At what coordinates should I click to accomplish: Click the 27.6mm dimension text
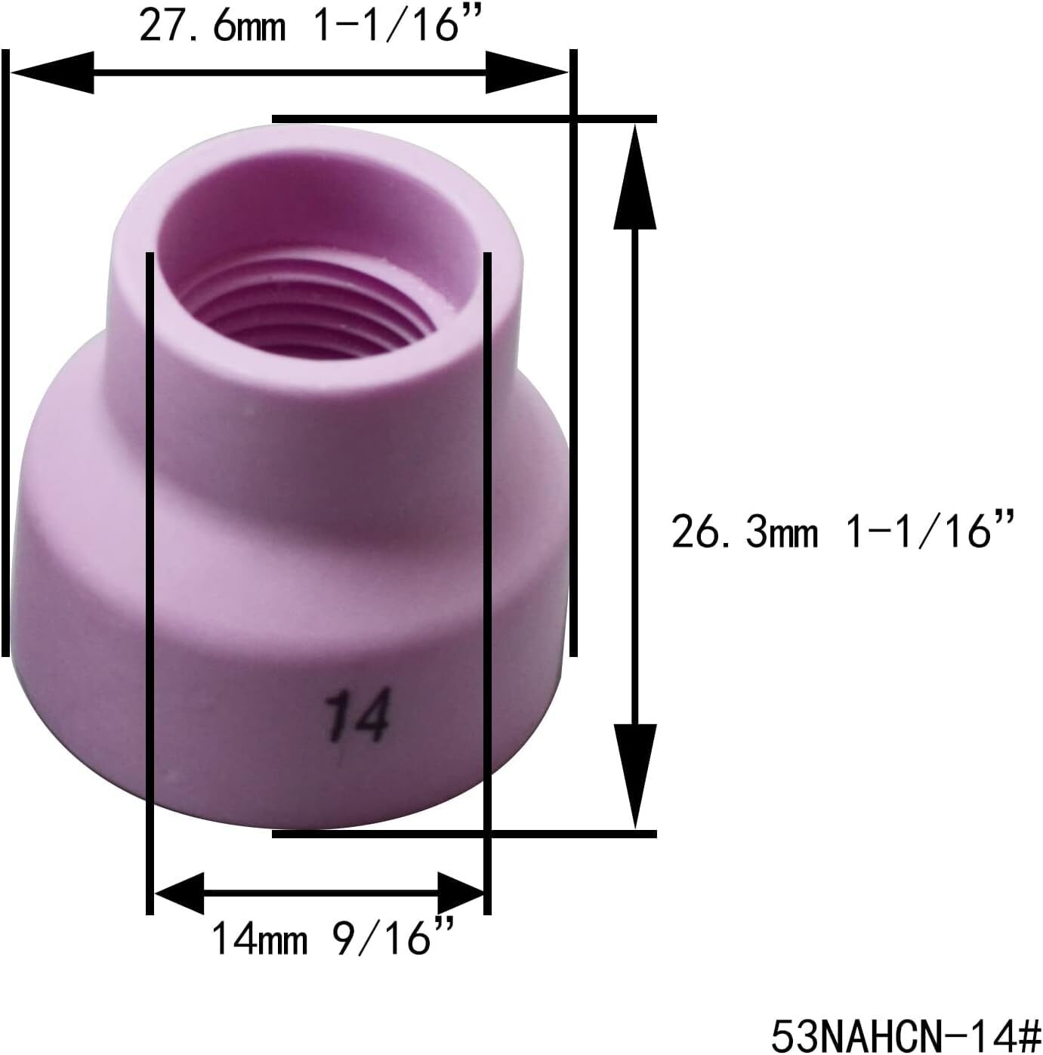213,26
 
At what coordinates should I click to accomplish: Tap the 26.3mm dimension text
745,532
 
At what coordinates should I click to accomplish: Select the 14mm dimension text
259,939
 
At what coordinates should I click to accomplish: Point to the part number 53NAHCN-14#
905,1032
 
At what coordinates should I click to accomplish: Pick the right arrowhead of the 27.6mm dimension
525,72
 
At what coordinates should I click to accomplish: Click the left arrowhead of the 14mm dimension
181,893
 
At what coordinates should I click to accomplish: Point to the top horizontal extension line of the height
464,119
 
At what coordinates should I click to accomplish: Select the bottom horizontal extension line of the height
464,834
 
